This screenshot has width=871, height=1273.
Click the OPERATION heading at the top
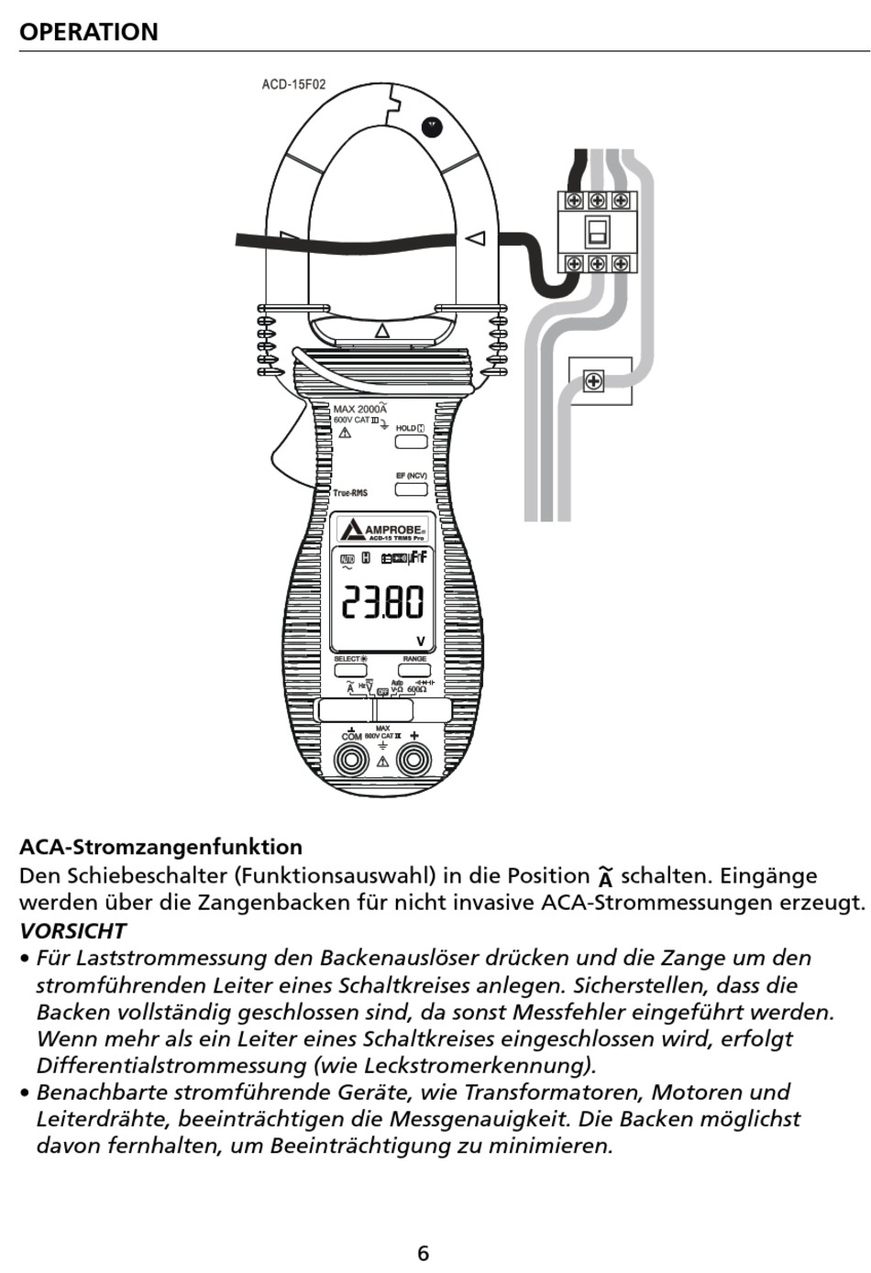89,32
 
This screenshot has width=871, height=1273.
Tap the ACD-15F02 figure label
293,84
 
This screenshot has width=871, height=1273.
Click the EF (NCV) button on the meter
411,488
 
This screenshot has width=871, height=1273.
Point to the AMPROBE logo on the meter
383,530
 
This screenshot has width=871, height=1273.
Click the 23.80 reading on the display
382,602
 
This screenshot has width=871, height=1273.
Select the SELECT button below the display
349,670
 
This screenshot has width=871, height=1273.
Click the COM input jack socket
351,760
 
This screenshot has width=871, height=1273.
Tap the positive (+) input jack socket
413,760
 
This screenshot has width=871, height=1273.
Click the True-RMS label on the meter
350,493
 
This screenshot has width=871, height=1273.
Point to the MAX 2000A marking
359,409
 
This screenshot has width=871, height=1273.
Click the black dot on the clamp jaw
431,127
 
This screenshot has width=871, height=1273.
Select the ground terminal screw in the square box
594,380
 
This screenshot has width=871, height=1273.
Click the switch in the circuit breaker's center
597,231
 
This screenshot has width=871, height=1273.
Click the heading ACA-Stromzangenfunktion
160,847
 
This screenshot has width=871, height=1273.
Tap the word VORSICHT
72,930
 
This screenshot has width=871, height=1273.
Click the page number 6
423,1253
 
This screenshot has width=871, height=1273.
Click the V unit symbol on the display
421,642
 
